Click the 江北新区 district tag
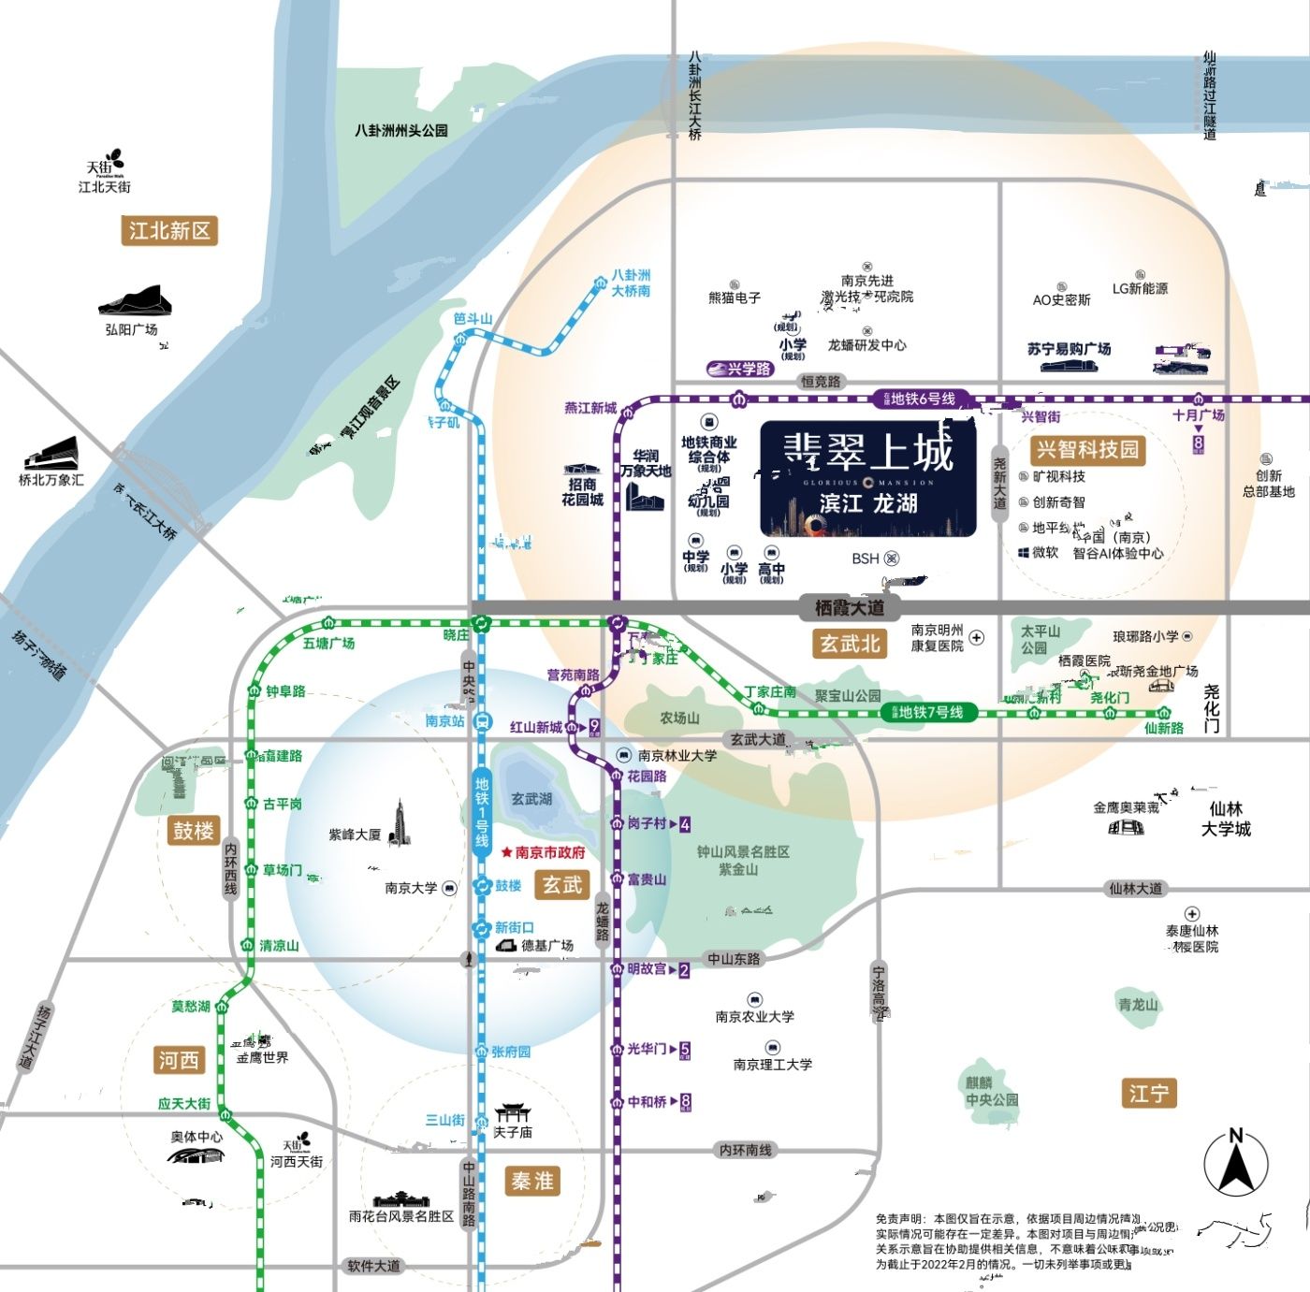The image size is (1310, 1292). coord(169,230)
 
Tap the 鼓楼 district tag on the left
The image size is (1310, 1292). coord(194,830)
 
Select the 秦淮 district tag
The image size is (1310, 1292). coord(532,1181)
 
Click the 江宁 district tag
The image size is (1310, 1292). coord(1148,1093)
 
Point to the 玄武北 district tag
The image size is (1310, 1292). coord(850,643)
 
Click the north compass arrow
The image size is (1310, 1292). coord(1235,1166)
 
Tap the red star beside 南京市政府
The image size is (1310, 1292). coord(507,852)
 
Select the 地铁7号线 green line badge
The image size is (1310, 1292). coord(928,712)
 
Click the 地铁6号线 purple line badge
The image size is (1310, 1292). coord(921,399)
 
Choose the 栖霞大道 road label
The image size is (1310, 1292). coord(849,607)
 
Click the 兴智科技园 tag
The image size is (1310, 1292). coord(1087,449)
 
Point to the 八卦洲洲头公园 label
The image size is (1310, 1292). coord(400,131)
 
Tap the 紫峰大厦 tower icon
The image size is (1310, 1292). coord(400,823)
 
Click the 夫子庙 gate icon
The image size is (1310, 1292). coord(512,1111)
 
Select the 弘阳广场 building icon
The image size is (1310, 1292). coord(136,300)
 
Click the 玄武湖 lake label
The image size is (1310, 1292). coord(531,798)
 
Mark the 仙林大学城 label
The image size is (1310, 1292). coord(1226,819)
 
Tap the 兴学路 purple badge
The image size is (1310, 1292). coord(740,369)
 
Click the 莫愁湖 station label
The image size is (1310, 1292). coord(191,1007)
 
